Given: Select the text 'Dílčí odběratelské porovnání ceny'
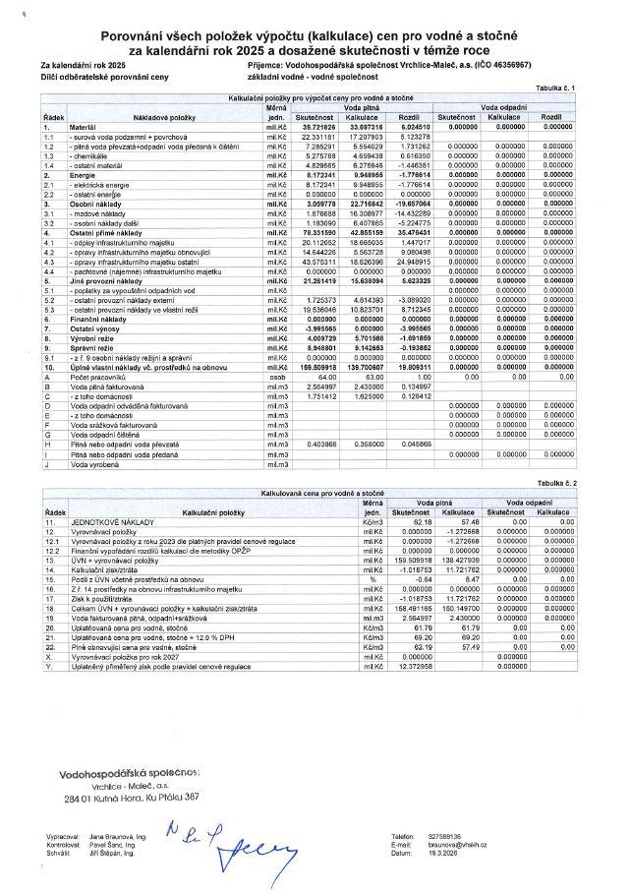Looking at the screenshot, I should [x=98, y=75].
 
